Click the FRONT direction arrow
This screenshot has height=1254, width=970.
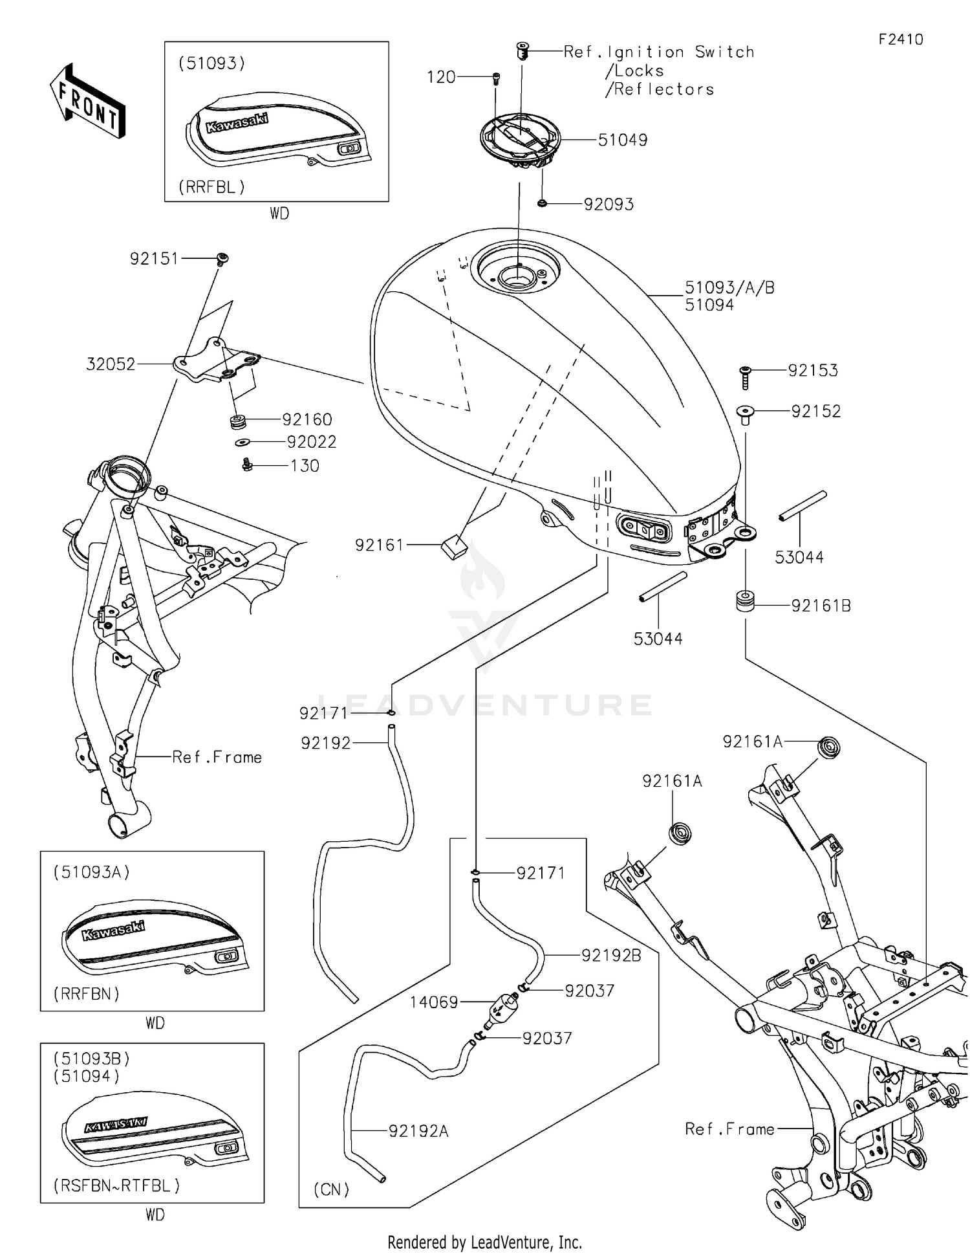(x=88, y=100)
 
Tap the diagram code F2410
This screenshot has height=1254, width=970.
(x=900, y=39)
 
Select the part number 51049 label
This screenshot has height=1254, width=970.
(x=622, y=140)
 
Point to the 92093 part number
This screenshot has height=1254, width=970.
(x=609, y=204)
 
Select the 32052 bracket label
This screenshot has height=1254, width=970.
(x=111, y=364)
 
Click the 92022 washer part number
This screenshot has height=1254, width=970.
(x=312, y=442)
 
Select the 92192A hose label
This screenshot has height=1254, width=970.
(x=418, y=1131)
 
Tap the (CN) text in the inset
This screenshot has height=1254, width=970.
(x=332, y=1189)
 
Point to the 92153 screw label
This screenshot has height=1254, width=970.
(x=812, y=371)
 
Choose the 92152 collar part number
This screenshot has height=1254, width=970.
(x=815, y=412)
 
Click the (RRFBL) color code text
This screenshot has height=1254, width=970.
(x=212, y=187)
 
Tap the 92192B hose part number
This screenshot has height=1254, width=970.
(x=611, y=955)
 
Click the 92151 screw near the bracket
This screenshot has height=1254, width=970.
(x=222, y=259)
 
